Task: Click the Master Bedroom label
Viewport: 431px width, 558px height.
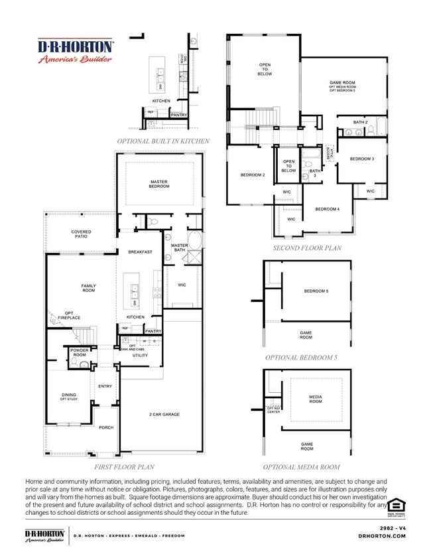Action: pos(159,184)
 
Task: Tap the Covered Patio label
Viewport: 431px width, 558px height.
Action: pos(82,234)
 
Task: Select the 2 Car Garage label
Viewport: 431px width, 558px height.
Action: pos(164,415)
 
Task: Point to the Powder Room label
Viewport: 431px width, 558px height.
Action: pos(79,352)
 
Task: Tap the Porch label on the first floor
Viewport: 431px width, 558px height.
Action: pos(106,428)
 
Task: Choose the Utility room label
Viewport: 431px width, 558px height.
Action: pos(139,356)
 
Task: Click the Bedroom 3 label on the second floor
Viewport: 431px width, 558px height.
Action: pos(362,159)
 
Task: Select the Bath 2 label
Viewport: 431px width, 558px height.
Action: pos(359,122)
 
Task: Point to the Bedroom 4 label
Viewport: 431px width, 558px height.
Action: pos(327,209)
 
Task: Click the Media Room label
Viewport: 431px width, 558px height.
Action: pos(316,399)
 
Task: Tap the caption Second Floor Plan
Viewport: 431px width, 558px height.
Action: pos(306,248)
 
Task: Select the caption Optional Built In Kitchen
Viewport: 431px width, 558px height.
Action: pos(163,141)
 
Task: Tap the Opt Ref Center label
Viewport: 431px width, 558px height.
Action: pos(273,410)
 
